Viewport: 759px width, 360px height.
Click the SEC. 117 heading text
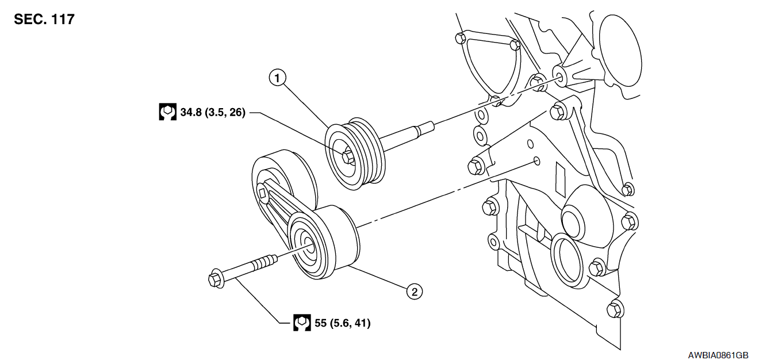coord(44,20)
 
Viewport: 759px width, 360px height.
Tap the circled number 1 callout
coord(278,78)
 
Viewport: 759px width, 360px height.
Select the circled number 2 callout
coord(415,292)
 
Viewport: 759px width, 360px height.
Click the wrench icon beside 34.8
coord(168,112)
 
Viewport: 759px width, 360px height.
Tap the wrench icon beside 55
coord(302,323)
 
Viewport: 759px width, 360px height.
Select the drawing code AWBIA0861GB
coord(718,355)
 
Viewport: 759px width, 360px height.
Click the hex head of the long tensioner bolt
coord(216,279)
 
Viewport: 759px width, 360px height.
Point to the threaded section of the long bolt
coord(265,262)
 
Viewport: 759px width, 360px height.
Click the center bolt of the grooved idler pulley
coord(348,158)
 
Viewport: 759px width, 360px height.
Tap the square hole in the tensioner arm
coord(262,193)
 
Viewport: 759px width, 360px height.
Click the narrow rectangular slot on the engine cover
coord(561,179)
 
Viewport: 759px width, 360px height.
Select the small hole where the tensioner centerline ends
coord(537,160)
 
